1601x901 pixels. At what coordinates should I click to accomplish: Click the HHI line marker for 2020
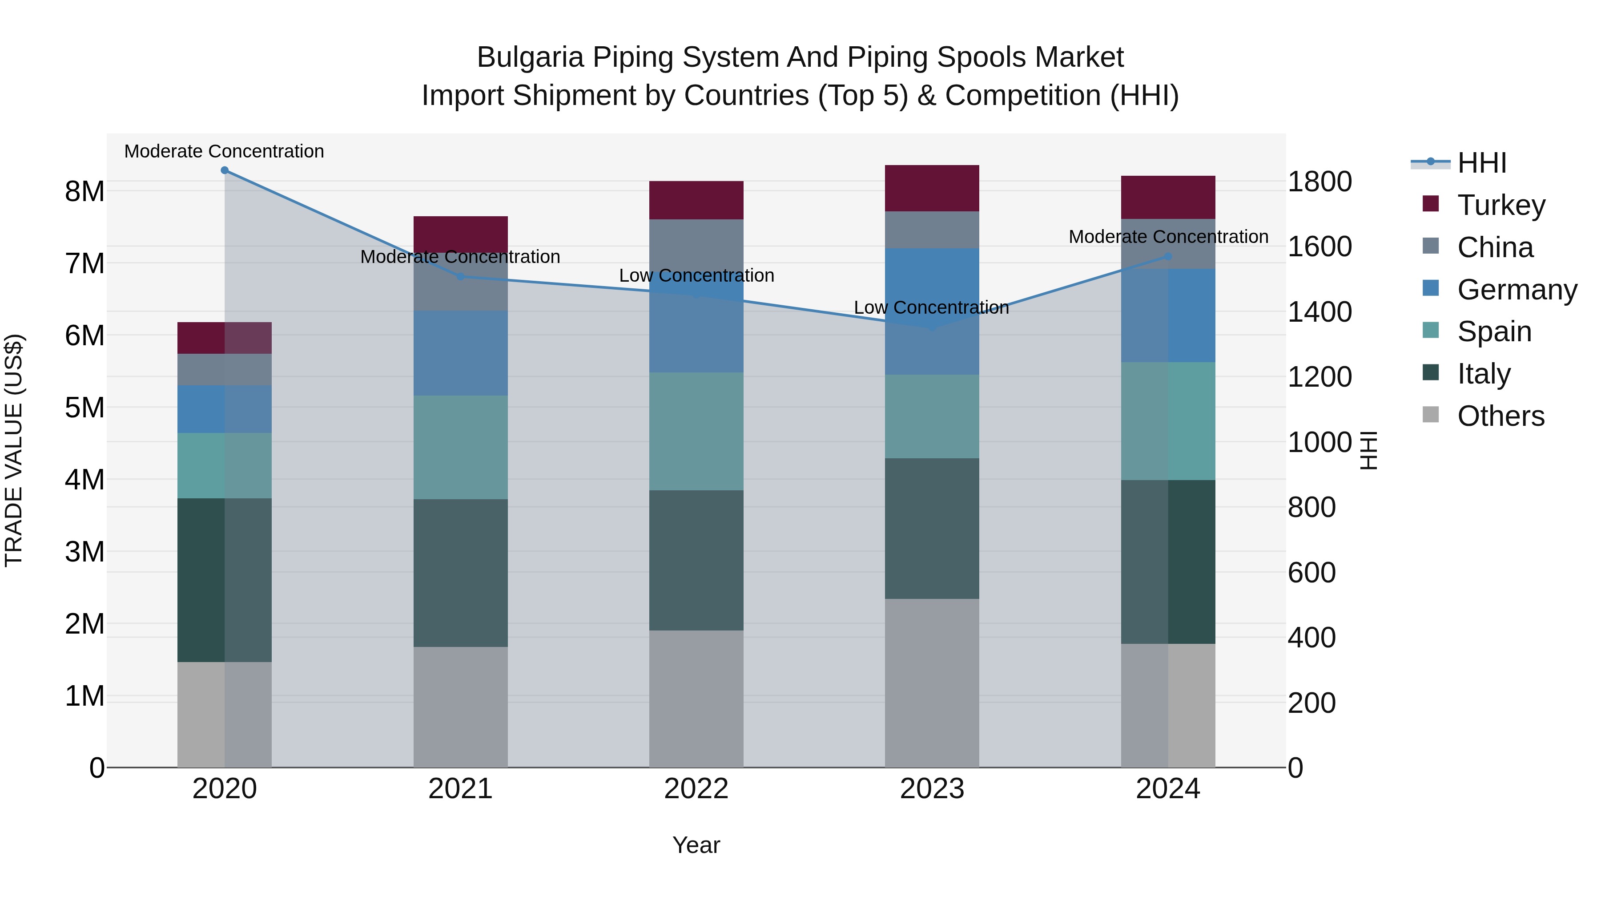click(x=225, y=170)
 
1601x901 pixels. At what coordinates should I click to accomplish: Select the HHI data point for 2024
click(x=1167, y=256)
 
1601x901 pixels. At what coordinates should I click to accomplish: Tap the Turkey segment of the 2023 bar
click(x=932, y=188)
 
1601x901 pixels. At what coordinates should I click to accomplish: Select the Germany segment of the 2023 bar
click(x=932, y=311)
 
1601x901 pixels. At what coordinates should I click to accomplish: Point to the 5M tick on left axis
click(x=84, y=408)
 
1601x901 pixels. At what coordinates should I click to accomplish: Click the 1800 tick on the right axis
click(x=1319, y=182)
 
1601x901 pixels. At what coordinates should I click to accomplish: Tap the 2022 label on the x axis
click(x=696, y=789)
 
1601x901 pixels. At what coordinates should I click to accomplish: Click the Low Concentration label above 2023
click(x=931, y=308)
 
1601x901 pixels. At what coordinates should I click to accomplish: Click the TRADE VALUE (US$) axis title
click(x=14, y=450)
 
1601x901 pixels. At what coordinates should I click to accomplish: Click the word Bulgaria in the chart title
click(x=530, y=57)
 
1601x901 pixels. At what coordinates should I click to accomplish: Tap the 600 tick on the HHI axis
click(x=1311, y=573)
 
